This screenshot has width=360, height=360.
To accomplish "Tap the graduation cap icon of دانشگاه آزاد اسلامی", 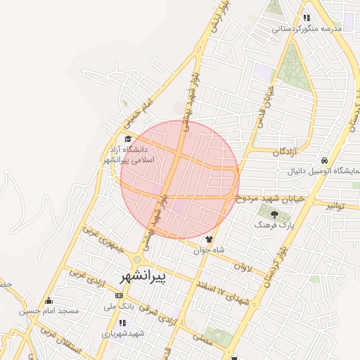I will (127, 139).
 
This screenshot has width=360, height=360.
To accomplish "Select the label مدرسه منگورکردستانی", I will (311, 29).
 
